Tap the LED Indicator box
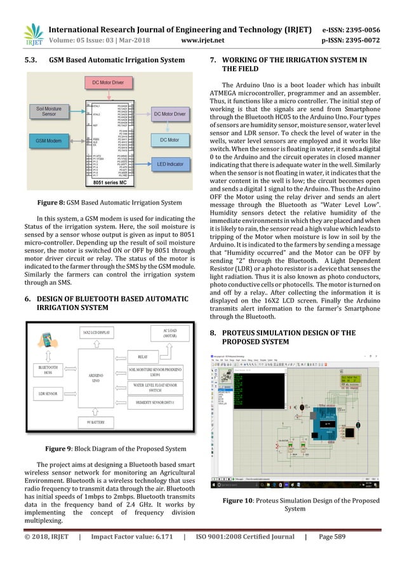[169, 165]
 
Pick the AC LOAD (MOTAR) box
[168, 334]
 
